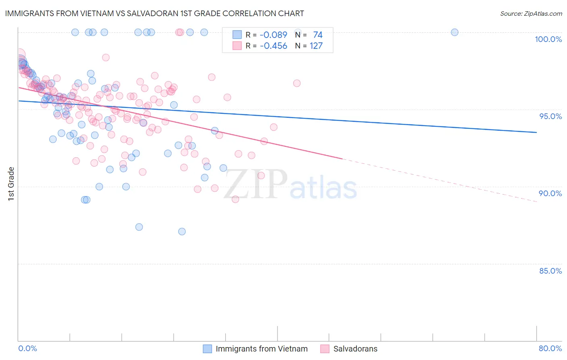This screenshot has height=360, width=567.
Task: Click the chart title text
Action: [x=154, y=13]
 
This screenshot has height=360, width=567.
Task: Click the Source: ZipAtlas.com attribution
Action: [x=531, y=13]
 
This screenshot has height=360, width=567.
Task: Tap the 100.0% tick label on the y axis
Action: [x=548, y=39]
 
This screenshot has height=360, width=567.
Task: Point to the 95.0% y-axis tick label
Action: [x=550, y=116]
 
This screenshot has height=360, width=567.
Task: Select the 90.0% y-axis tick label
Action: [x=550, y=193]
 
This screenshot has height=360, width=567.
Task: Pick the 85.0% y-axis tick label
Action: [x=550, y=271]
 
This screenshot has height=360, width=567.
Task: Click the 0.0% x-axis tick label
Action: [x=27, y=348]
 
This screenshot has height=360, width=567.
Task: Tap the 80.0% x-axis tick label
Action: [x=550, y=348]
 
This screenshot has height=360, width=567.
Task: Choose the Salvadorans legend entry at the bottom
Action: [x=355, y=349]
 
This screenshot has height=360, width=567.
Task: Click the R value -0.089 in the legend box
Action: [x=273, y=35]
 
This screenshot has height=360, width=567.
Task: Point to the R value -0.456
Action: [x=273, y=46]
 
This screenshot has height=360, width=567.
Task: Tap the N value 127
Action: [x=316, y=46]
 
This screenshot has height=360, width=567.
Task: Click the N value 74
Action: [x=318, y=35]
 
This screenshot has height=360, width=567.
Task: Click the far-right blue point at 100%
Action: [x=454, y=32]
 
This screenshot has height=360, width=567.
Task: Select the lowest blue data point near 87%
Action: [x=182, y=231]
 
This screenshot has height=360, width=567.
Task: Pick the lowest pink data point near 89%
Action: [x=236, y=199]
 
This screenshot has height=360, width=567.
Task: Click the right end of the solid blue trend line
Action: [x=536, y=132]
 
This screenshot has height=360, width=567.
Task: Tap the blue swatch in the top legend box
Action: [x=237, y=35]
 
